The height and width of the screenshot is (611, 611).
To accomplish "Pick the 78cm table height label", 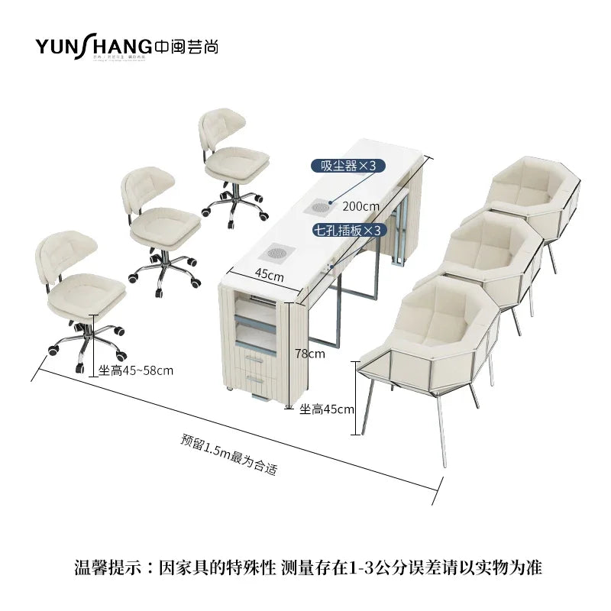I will point(309,353).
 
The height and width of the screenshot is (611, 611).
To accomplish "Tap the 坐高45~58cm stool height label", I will point(136,371).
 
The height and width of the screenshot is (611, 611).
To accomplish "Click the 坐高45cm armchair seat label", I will point(327,409).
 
